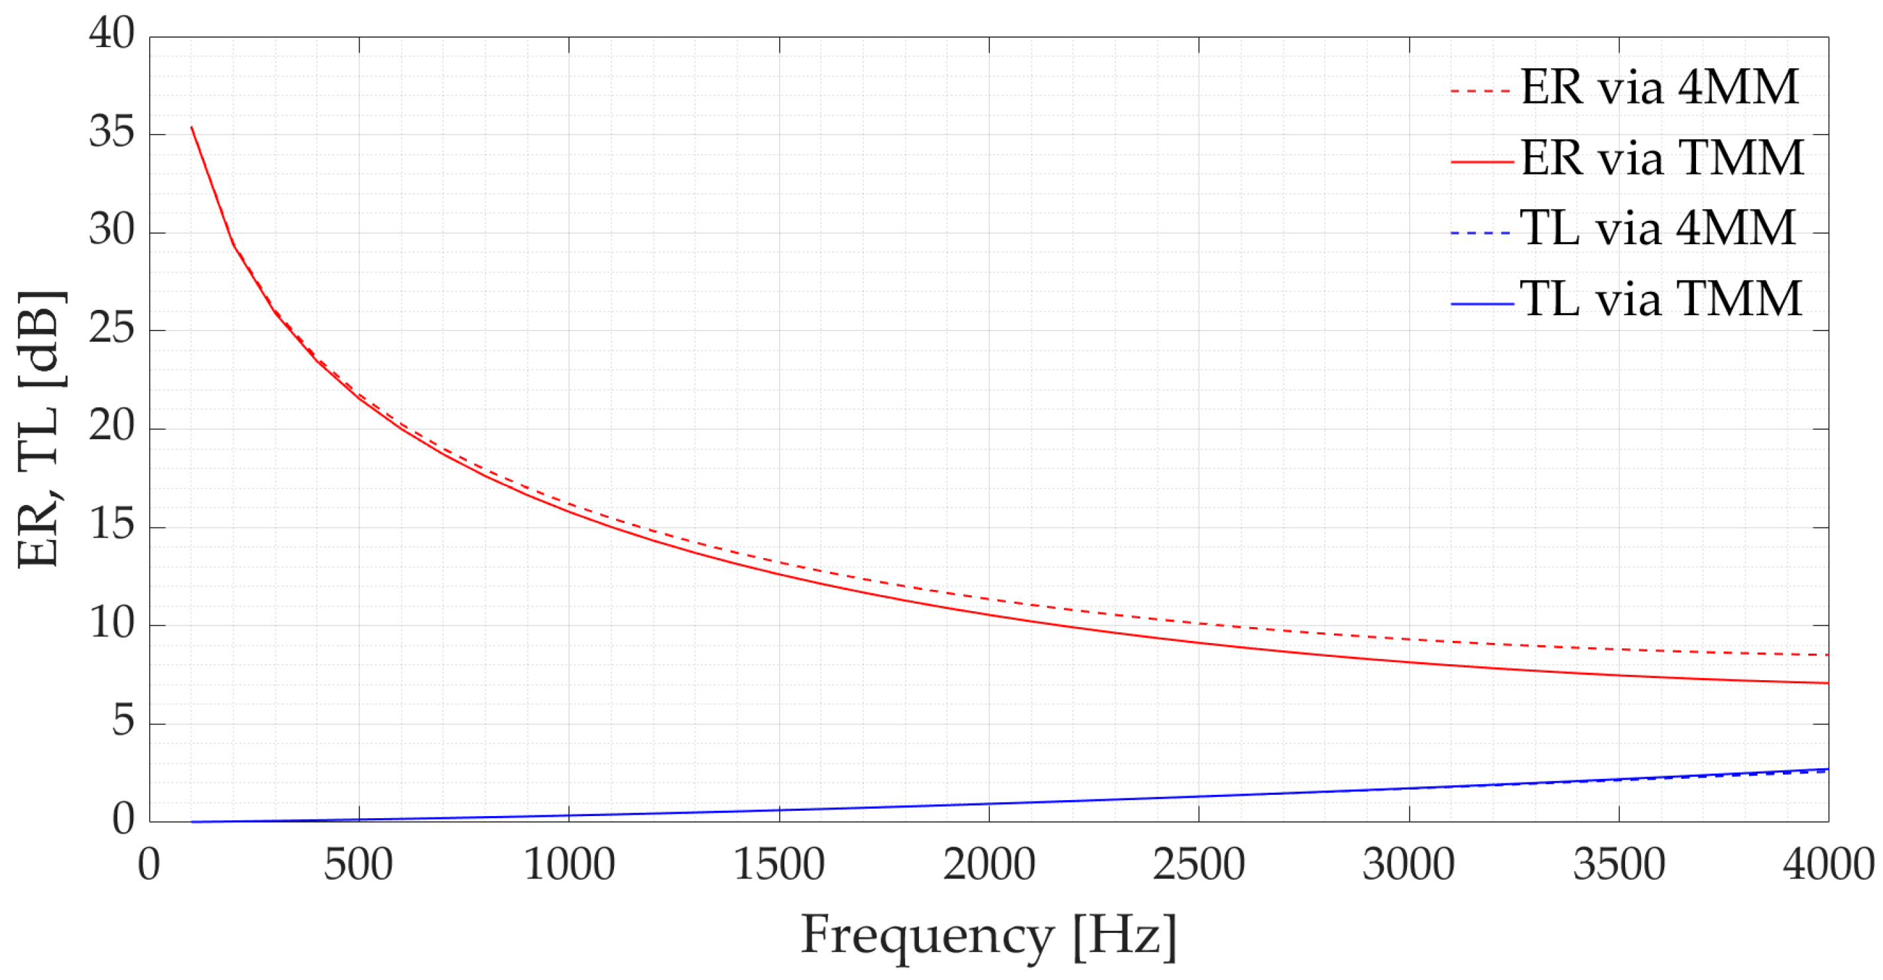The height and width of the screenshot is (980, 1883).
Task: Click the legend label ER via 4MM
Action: pos(1660,88)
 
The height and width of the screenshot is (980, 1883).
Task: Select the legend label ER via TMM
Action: pos(1662,158)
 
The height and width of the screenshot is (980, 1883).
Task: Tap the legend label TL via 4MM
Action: pos(1658,228)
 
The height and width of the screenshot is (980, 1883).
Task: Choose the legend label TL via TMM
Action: pos(1661,299)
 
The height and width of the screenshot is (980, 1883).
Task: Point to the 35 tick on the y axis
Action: pos(112,133)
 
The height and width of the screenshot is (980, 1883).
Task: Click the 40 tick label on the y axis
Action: pos(112,34)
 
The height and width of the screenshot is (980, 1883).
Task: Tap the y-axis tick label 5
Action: pos(123,721)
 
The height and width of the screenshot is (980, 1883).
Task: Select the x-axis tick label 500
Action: pos(358,865)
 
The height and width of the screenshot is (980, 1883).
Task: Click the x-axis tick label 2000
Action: pos(989,865)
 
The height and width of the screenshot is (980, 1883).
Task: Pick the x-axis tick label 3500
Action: pos(1618,865)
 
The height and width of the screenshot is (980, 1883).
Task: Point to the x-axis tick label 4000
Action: pos(1827,865)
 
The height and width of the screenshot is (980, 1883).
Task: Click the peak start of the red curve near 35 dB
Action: pos(192,127)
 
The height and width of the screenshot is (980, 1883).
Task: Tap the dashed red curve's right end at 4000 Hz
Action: pos(1827,655)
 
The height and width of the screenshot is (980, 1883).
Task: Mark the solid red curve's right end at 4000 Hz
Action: pos(1827,683)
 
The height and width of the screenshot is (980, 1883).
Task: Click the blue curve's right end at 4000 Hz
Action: pos(1827,770)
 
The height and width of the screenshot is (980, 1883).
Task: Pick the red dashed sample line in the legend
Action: pos(1481,91)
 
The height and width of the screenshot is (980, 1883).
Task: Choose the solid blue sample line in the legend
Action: pos(1481,303)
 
